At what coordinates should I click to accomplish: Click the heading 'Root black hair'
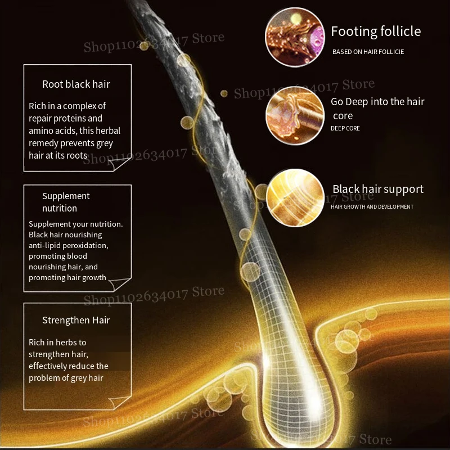[x=76, y=84]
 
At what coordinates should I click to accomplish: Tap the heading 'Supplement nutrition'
[x=66, y=202]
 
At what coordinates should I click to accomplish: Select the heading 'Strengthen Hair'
[x=76, y=321]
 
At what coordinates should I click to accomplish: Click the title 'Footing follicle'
[x=375, y=31]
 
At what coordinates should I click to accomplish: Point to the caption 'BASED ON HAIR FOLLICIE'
[x=368, y=52]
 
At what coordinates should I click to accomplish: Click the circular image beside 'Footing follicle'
[x=295, y=37]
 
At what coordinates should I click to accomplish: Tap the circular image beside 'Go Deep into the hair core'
[x=295, y=115]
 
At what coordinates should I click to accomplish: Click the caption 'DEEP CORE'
[x=345, y=128]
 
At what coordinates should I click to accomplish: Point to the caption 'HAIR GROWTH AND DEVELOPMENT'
[x=372, y=207]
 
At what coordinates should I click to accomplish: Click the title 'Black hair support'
[x=377, y=190]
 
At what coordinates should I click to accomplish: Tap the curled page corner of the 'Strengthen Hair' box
[x=119, y=402]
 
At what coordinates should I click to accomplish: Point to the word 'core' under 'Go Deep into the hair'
[x=343, y=116]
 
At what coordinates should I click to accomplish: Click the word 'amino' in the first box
[x=39, y=130]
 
